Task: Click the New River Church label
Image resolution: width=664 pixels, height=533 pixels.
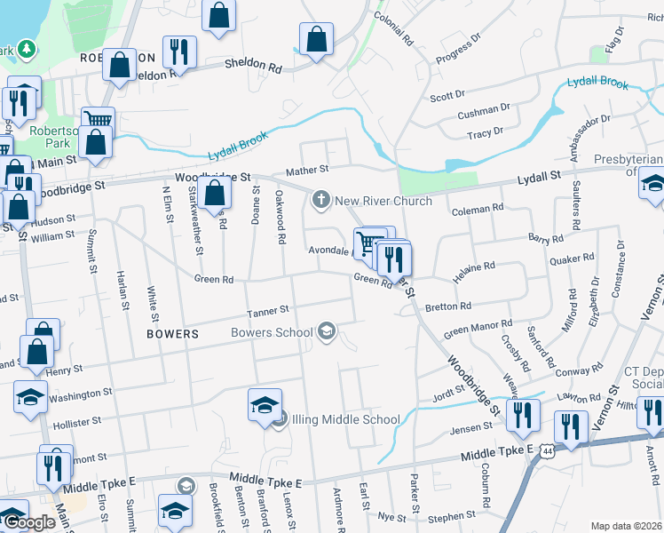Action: click(x=383, y=201)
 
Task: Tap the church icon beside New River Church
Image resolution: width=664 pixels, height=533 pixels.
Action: click(x=320, y=200)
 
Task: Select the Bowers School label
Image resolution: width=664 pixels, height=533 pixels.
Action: click(x=272, y=333)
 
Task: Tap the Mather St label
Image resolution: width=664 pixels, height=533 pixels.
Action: click(x=306, y=169)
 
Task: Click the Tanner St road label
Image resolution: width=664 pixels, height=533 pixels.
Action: click(x=268, y=310)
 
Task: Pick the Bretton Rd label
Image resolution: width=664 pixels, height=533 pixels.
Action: click(x=448, y=306)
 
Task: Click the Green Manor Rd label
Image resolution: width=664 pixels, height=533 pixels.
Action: click(x=478, y=330)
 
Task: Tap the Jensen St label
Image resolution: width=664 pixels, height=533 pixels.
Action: click(x=470, y=427)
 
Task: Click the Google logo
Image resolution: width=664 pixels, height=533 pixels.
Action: click(x=28, y=522)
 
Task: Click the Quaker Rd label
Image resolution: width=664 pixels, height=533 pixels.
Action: click(x=571, y=259)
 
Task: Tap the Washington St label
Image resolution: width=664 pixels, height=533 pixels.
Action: click(x=81, y=393)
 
